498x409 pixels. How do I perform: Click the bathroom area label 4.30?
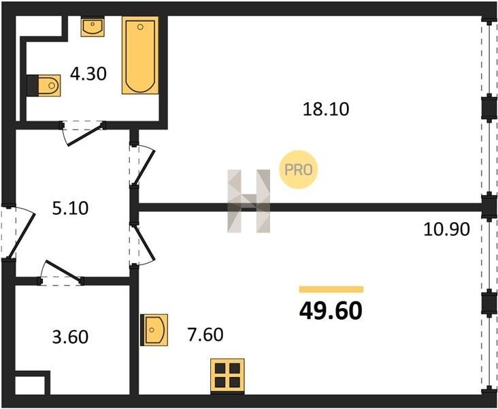coord(88,74)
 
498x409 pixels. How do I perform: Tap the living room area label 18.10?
coord(326,109)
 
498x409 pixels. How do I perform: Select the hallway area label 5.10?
coord(70,209)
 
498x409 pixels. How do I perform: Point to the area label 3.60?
coord(70,337)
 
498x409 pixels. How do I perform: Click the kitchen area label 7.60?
coord(205,335)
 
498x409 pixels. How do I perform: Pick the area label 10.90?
coord(446,229)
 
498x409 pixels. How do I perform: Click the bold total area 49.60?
coord(331,311)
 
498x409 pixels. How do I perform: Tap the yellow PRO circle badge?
coord(298,170)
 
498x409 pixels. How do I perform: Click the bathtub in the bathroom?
coord(140,55)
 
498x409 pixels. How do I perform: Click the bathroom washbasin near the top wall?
coord(93,27)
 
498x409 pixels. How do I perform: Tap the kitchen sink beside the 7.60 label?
coord(154,330)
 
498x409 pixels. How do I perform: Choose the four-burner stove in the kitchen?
coord(227,376)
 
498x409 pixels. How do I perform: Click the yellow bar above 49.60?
coord(331,289)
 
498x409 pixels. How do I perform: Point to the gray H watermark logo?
coord(249,201)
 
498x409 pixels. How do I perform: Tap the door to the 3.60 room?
coord(61,272)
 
